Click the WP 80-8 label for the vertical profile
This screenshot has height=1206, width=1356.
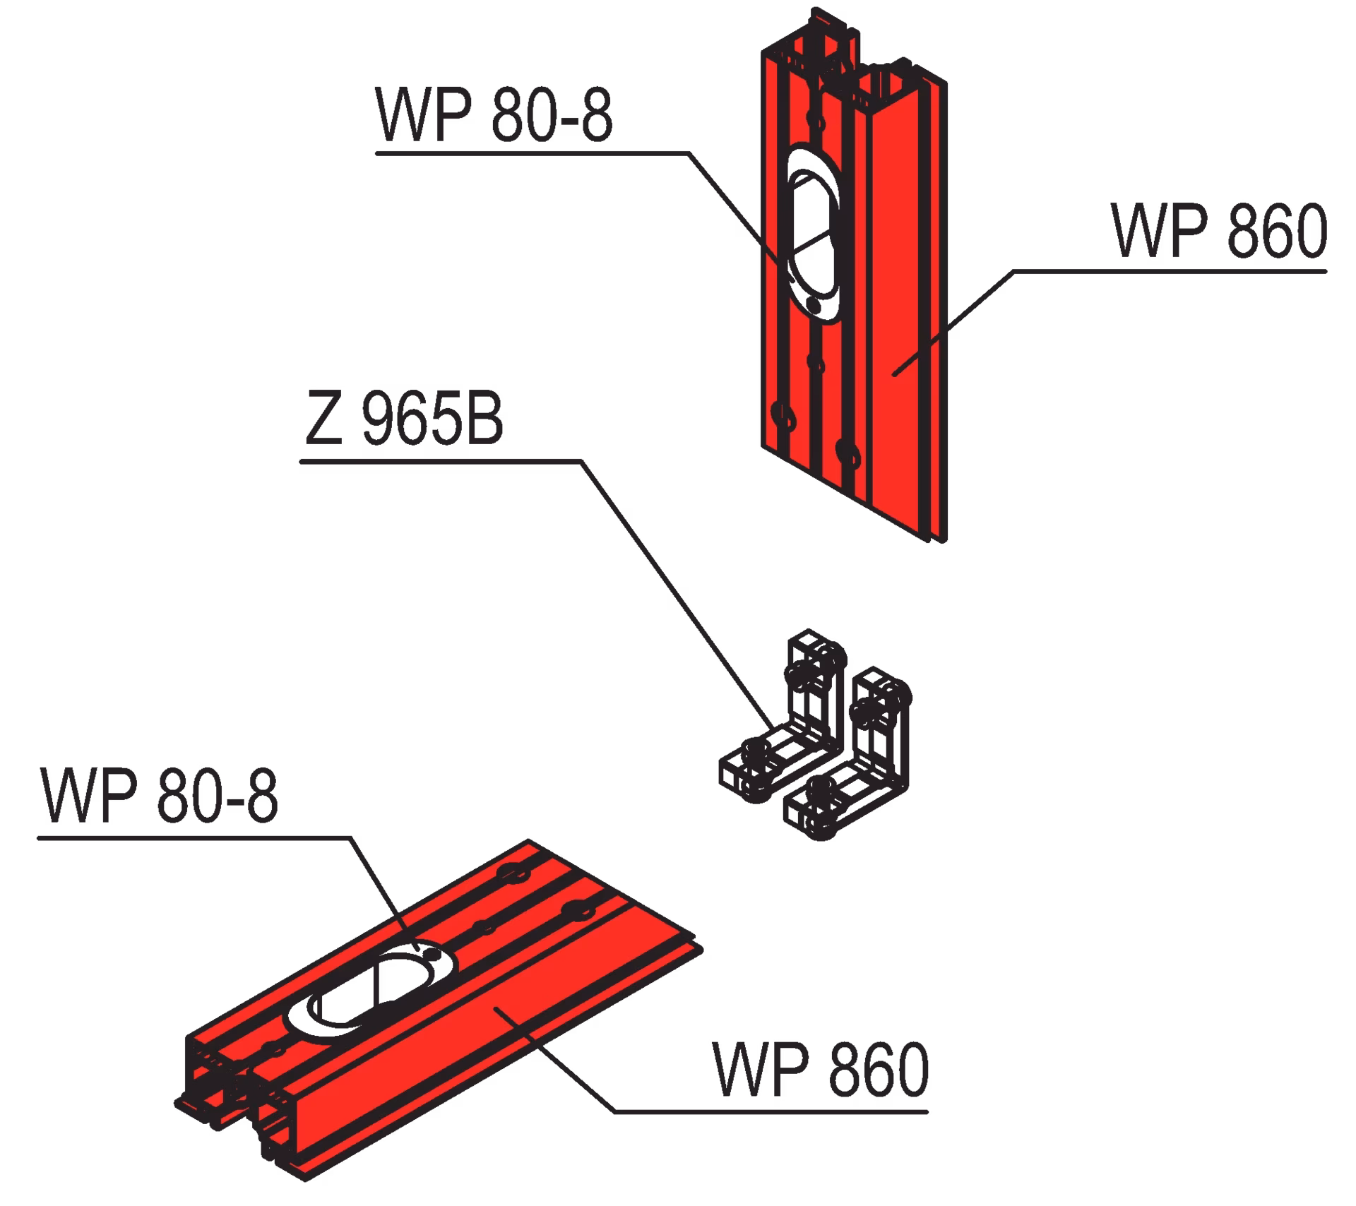pyautogui.click(x=494, y=116)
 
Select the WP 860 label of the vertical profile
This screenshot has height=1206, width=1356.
pyautogui.click(x=1220, y=231)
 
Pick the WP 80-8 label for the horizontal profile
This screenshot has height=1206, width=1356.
pyautogui.click(x=160, y=796)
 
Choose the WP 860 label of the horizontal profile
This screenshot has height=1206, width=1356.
pyautogui.click(x=821, y=1070)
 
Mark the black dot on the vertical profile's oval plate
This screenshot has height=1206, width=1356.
pyautogui.click(x=814, y=306)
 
